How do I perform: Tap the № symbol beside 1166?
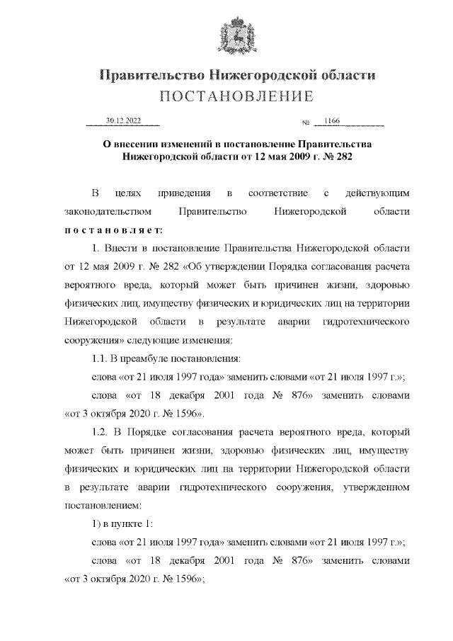[x=306, y=123]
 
